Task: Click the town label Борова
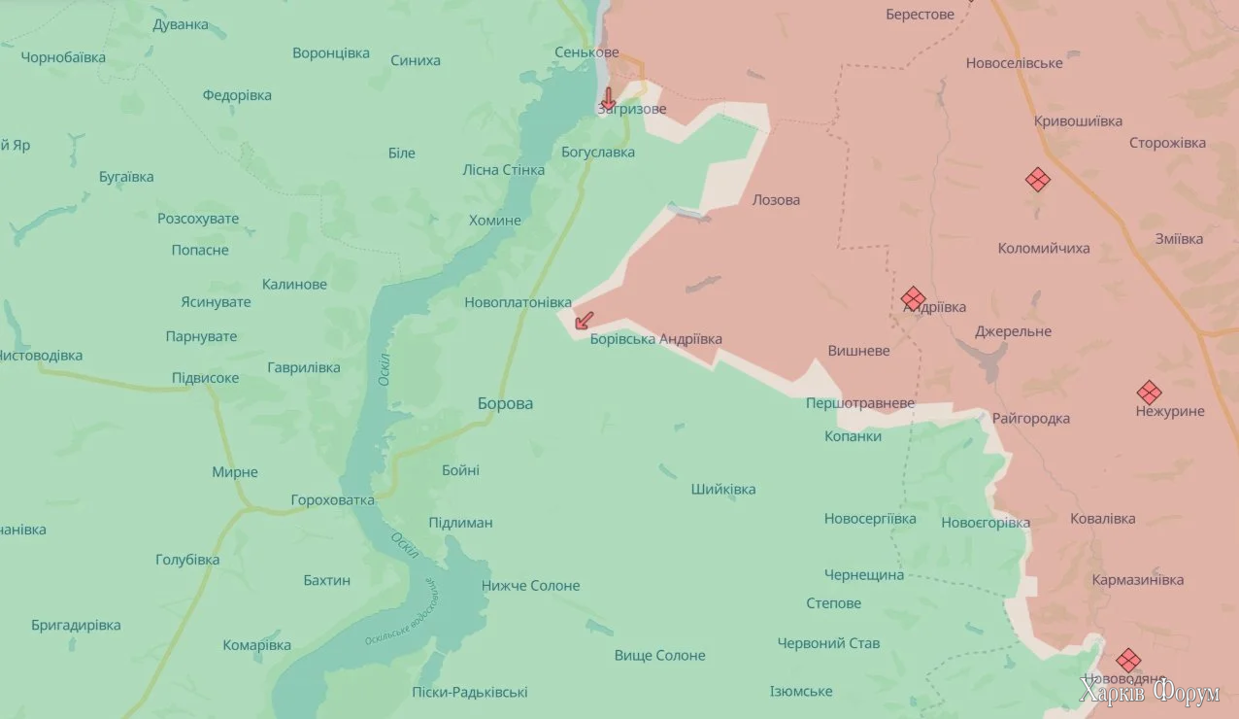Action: pyautogui.click(x=505, y=403)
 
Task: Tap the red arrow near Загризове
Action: pyautogui.click(x=608, y=97)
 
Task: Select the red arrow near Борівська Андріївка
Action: pyautogui.click(x=585, y=320)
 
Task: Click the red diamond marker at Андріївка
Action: pyautogui.click(x=912, y=298)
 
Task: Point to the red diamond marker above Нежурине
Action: pyautogui.click(x=1149, y=393)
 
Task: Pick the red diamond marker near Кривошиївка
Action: pyautogui.click(x=1038, y=179)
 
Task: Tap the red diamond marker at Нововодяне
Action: pyautogui.click(x=1127, y=660)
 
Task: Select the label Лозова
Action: pyautogui.click(x=776, y=200)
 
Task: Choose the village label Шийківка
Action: pyautogui.click(x=723, y=490)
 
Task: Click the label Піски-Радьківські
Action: pyautogui.click(x=470, y=693)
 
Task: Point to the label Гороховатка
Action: pyautogui.click(x=332, y=500)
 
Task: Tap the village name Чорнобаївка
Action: pyautogui.click(x=63, y=57)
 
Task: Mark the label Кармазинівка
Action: pyautogui.click(x=1137, y=580)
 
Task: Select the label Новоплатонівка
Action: pyautogui.click(x=518, y=303)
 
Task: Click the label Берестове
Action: pyautogui.click(x=920, y=15)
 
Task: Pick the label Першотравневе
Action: pyautogui.click(x=860, y=402)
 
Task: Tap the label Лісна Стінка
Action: pyautogui.click(x=503, y=170)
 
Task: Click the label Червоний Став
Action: pyautogui.click(x=828, y=643)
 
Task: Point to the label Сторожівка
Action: pyautogui.click(x=1167, y=143)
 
